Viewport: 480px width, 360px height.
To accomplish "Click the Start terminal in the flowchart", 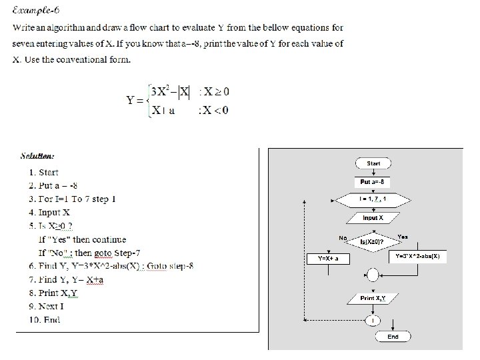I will [373, 163].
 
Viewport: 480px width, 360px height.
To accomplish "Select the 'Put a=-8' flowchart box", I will [373, 181].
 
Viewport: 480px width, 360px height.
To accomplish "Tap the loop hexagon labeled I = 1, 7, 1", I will [373, 199].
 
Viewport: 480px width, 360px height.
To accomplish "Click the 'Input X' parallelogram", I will [373, 218].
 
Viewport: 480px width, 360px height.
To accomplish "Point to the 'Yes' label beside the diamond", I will [403, 237].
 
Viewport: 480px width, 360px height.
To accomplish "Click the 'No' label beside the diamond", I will [343, 237].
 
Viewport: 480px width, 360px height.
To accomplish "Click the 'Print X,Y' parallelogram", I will [373, 298].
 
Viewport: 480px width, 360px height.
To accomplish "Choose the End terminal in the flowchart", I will [393, 337].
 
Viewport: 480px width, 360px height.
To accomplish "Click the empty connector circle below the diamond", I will [373, 275].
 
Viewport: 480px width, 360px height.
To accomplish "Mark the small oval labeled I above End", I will [373, 321].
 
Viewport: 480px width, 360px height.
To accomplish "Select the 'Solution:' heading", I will [37, 156].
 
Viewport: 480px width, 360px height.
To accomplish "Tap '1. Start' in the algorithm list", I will [44, 172].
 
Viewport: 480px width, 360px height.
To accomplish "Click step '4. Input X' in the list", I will [49, 213].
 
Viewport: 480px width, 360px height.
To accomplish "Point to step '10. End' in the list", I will [44, 320].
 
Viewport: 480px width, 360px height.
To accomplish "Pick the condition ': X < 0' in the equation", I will [213, 110].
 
